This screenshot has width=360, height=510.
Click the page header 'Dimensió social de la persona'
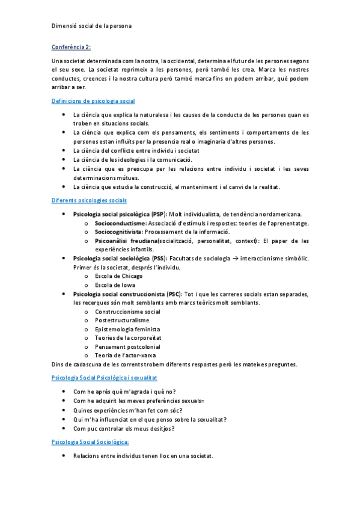[x=91, y=26]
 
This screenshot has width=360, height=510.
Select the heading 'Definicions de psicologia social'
[x=93, y=101]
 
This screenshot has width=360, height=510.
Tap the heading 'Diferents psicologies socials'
[x=89, y=200]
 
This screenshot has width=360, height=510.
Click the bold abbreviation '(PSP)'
[x=159, y=214]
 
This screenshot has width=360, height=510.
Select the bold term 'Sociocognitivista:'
[x=118, y=232]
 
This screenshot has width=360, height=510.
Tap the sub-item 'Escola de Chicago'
[x=119, y=276]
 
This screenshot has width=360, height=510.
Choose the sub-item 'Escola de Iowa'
[x=115, y=285]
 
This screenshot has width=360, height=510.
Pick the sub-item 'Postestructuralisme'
[x=122, y=321]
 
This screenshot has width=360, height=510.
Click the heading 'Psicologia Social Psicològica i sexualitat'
[x=104, y=376]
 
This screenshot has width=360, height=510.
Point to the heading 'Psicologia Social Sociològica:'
[x=91, y=442]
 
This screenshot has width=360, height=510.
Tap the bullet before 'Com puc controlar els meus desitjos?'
[x=64, y=428]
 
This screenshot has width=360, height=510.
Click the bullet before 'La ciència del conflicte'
[x=64, y=150]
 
